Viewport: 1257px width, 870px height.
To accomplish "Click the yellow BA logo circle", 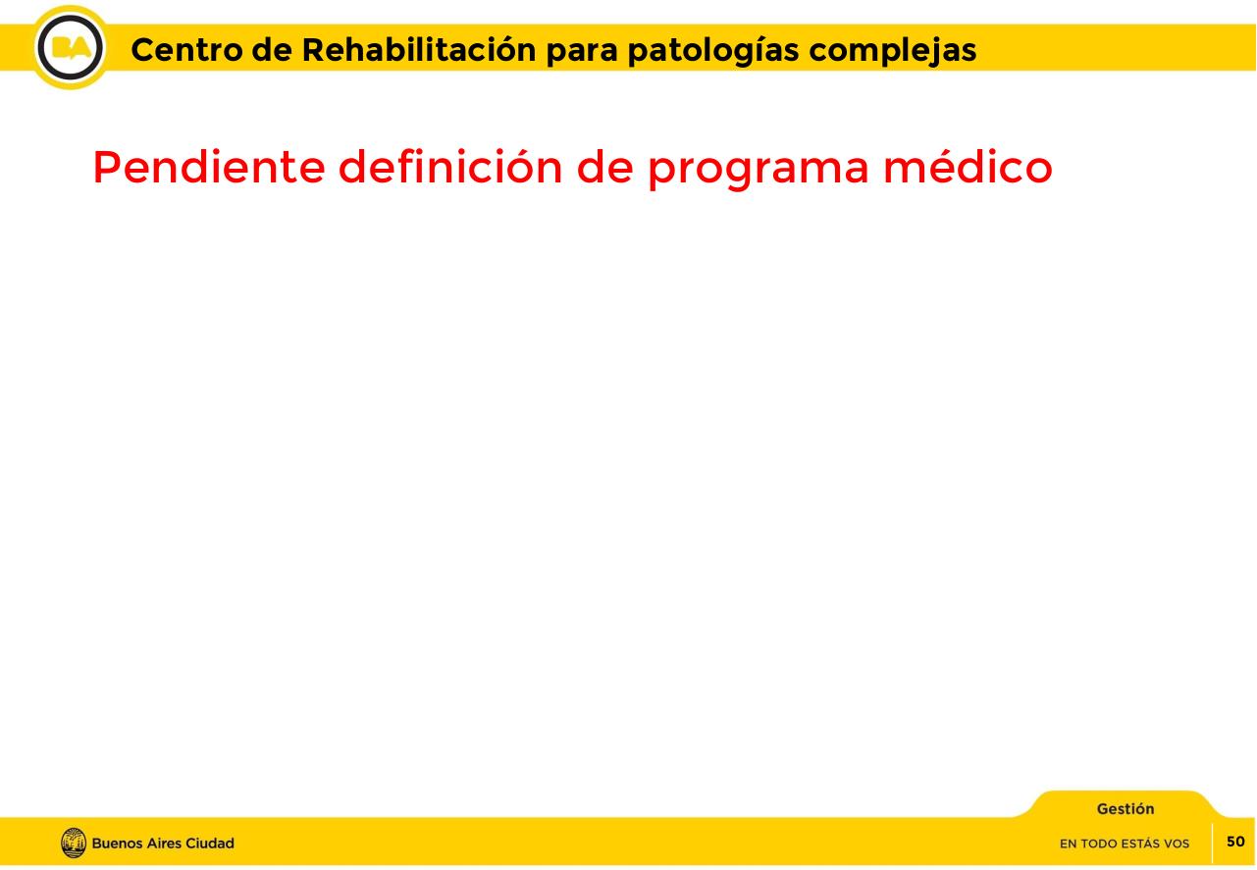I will [71, 48].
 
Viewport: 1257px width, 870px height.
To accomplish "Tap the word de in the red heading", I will [604, 168].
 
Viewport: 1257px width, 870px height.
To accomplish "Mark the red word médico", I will [968, 168].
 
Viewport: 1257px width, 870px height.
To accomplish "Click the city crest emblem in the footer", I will [74, 844].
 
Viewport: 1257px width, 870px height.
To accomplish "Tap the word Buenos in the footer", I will [117, 844].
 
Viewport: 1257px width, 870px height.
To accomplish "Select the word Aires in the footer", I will [164, 844].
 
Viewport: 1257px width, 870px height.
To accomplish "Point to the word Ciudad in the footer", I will [210, 844].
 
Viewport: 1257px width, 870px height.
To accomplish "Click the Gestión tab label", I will [1126, 809].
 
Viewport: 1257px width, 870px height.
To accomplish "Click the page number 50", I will [1235, 842].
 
